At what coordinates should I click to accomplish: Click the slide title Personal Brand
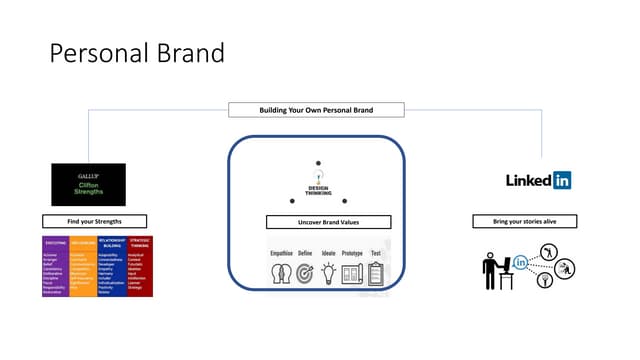click(138, 53)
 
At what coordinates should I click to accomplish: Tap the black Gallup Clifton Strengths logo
click(88, 184)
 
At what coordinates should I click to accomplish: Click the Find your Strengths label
click(94, 221)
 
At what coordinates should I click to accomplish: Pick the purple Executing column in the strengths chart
click(55, 269)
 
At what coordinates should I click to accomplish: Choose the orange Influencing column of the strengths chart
click(82, 269)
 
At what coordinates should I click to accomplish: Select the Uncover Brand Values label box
click(328, 222)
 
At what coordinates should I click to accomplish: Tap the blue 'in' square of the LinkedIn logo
click(560, 180)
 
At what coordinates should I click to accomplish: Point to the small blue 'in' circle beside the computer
click(521, 263)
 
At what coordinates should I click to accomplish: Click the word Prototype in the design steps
click(352, 254)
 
